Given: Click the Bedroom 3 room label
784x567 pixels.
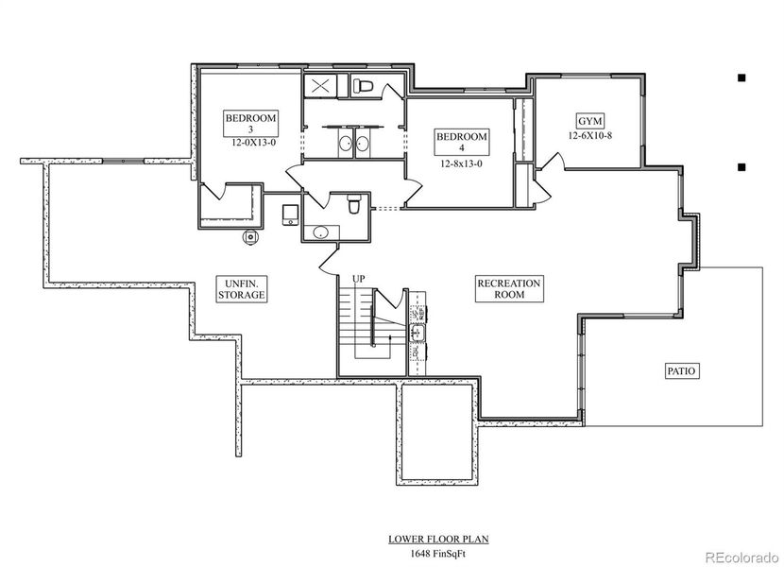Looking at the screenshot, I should pos(250,124).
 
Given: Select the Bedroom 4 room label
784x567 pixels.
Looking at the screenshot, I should pos(461,143).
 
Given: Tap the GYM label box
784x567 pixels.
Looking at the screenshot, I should pos(590,121).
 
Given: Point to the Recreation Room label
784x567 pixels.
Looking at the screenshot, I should pos(508,288).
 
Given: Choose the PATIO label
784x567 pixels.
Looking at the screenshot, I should pos(681,371).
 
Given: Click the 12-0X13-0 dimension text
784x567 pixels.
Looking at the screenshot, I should pos(250,144).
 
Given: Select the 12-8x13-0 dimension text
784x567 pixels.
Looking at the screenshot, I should pos(461,163).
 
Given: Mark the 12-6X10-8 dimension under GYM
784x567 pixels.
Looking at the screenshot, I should pos(591,136).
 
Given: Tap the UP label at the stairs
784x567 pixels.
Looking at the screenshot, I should pos(359,278).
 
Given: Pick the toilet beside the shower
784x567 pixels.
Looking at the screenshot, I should pos(362,86).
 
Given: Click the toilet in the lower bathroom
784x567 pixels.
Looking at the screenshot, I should pos(352,203).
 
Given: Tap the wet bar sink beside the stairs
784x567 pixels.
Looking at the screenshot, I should pos(416,333).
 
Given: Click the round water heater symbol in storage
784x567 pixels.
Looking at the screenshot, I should pos(250,237).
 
